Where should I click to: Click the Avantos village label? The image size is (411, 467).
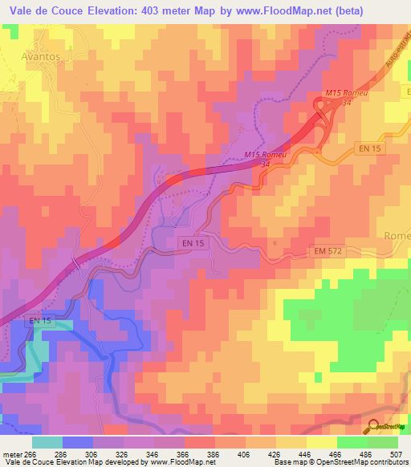pos(40,58)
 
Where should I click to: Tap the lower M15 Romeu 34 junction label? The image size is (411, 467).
pos(266,159)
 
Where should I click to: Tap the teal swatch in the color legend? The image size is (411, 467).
pos(47,442)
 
